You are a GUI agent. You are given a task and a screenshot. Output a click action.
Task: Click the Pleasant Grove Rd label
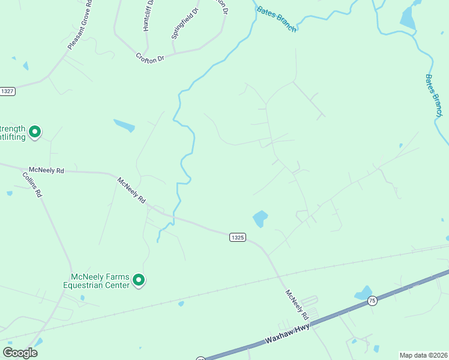[79, 25]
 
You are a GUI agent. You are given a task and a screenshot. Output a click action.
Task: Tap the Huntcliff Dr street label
[149, 15]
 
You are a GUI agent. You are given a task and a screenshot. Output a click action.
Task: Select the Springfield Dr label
[185, 24]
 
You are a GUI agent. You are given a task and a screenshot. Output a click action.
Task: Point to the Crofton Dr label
[149, 58]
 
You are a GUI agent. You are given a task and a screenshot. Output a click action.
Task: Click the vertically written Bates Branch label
[433, 95]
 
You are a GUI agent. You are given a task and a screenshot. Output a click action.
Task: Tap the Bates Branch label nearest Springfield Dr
[276, 19]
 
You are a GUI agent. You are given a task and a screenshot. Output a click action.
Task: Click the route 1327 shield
[7, 91]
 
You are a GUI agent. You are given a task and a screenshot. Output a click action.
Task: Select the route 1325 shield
[237, 238]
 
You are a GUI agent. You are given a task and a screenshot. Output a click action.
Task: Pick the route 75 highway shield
[372, 301]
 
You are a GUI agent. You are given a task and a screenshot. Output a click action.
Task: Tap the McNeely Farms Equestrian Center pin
[139, 280]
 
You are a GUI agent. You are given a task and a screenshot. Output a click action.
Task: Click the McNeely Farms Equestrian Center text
[100, 281]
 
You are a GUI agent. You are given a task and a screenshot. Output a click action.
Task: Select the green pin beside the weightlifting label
[35, 131]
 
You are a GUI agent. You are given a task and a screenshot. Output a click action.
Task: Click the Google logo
[20, 353]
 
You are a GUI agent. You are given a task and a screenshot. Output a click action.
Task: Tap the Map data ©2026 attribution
[423, 355]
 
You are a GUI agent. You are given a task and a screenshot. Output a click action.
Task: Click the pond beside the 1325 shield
[260, 218]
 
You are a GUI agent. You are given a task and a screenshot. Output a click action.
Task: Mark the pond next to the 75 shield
[363, 293]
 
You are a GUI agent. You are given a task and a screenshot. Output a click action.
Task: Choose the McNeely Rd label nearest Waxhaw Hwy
[297, 304]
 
